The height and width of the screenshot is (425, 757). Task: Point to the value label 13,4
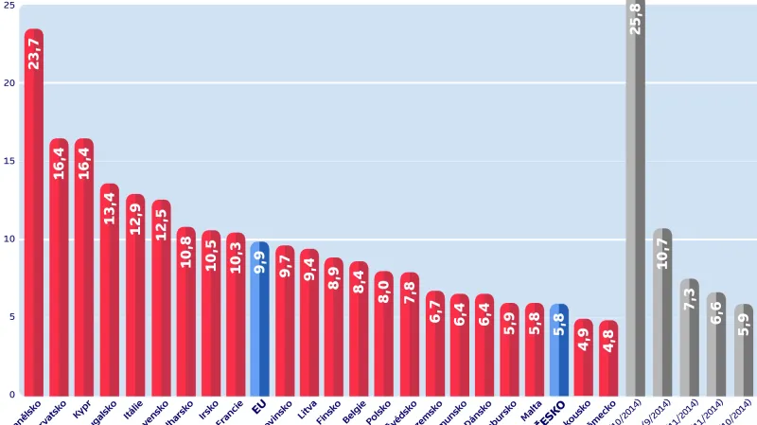pyautogui.click(x=109, y=208)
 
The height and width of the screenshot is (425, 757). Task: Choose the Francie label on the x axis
pyautogui.click(x=230, y=413)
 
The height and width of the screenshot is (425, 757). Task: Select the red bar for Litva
pyautogui.click(x=309, y=322)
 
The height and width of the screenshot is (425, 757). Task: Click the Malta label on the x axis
pyautogui.click(x=532, y=410)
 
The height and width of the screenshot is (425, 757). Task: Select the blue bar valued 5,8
pyautogui.click(x=559, y=349)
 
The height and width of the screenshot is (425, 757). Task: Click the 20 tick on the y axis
pyautogui.click(x=9, y=83)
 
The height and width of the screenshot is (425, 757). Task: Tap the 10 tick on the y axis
pyautogui.click(x=9, y=239)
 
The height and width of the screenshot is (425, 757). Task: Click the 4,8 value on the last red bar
pyautogui.click(x=608, y=340)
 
